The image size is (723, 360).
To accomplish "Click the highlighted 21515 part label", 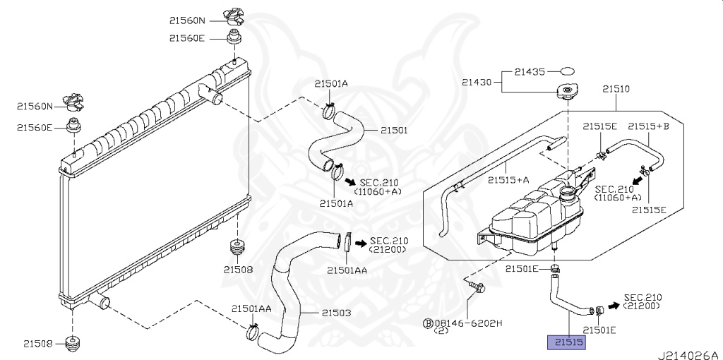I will [568, 342].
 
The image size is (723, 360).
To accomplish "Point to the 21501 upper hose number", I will [394, 131].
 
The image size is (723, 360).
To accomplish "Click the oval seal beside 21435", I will [568, 71].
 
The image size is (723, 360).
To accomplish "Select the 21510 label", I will [616, 90].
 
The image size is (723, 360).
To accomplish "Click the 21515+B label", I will [649, 126].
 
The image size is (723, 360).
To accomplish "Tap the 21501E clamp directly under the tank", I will [556, 268].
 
